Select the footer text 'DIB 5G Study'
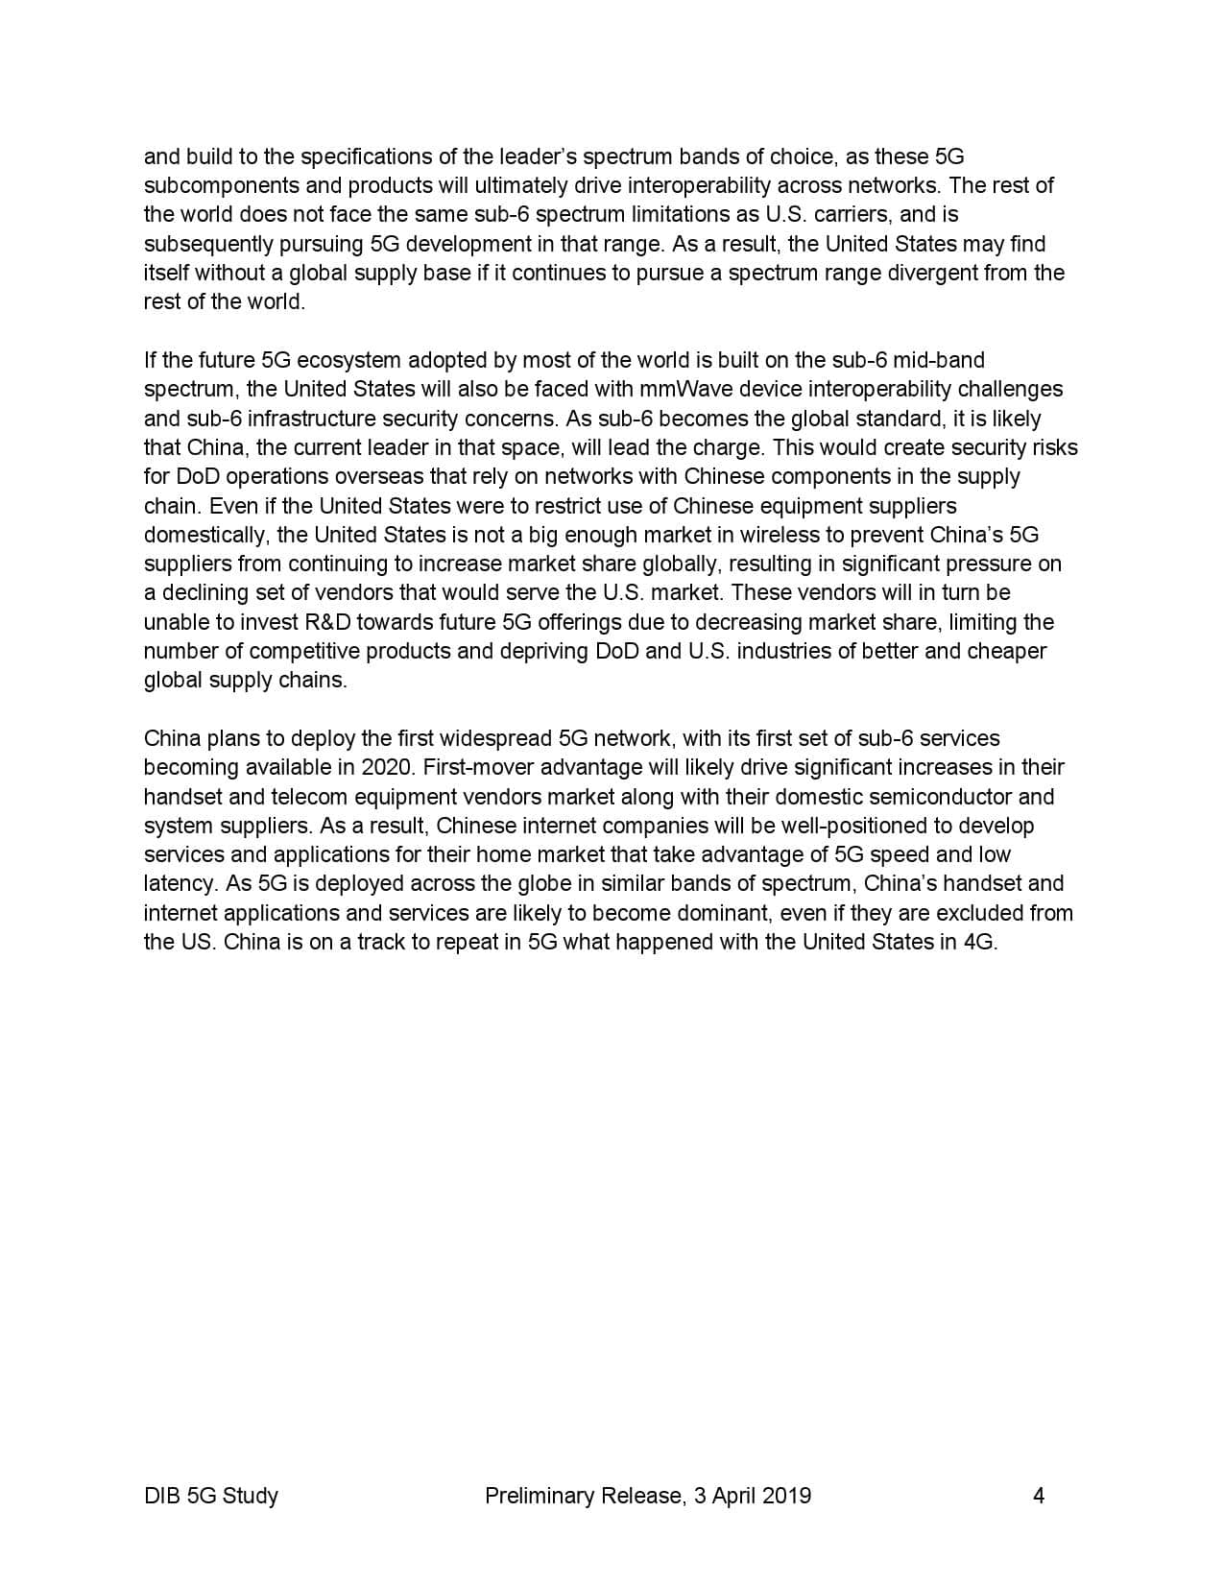(x=211, y=1495)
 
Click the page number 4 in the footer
(x=1038, y=1495)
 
